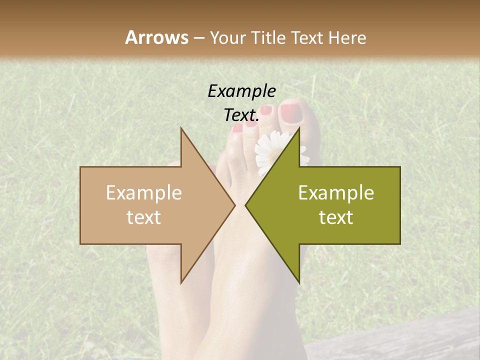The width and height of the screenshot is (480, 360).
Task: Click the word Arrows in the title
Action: tap(156, 37)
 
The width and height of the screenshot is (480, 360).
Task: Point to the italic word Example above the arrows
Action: tap(241, 91)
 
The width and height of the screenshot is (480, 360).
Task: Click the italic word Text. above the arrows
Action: tap(241, 115)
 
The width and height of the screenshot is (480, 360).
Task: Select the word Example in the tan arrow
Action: tap(143, 193)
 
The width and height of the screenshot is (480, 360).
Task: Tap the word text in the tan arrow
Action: tap(143, 217)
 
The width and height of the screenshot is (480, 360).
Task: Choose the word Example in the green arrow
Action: tap(336, 193)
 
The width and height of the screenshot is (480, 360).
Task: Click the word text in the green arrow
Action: tap(336, 217)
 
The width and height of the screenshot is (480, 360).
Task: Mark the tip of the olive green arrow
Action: tap(246, 205)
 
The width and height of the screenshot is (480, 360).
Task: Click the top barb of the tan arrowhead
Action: tap(181, 129)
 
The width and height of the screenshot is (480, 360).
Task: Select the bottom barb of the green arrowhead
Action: tap(298, 281)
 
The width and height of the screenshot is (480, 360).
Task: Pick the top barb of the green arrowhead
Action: tap(298, 129)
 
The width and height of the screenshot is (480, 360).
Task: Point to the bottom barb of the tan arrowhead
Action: tap(181, 281)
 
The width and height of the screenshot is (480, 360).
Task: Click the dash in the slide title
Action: tap(198, 38)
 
